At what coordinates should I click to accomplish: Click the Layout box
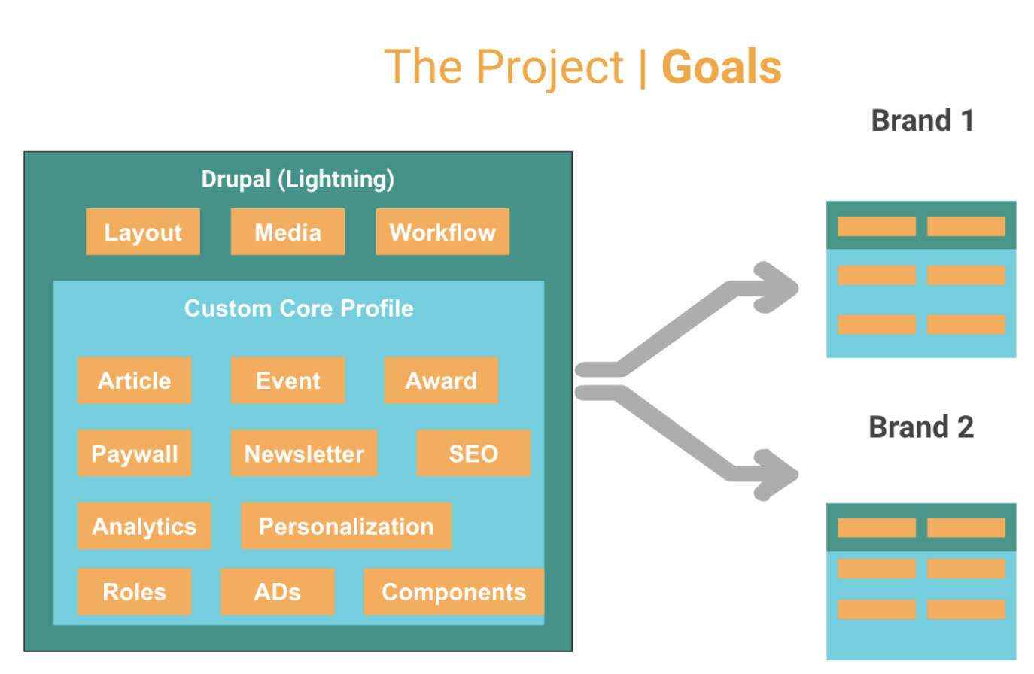tap(143, 232)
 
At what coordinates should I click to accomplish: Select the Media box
tap(287, 232)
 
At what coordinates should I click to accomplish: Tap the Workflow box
tap(442, 232)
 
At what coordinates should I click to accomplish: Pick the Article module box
tap(135, 380)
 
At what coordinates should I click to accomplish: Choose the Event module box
tap(287, 380)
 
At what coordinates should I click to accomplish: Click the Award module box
tap(441, 380)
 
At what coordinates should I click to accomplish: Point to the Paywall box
tap(135, 453)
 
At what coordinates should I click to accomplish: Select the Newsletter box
tap(304, 453)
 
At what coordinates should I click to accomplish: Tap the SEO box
tap(473, 453)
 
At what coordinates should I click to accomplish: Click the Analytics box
tap(144, 526)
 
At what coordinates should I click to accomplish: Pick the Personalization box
tap(346, 526)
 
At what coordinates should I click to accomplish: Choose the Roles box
tap(135, 591)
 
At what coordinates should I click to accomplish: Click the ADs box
tap(278, 591)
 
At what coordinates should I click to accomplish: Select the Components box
tap(454, 591)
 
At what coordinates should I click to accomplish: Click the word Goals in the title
tap(722, 68)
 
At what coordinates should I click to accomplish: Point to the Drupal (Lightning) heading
tap(298, 179)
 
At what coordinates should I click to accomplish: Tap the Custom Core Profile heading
tap(299, 308)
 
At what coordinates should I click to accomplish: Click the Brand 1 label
tap(922, 120)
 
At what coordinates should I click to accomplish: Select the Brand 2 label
tap(921, 427)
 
